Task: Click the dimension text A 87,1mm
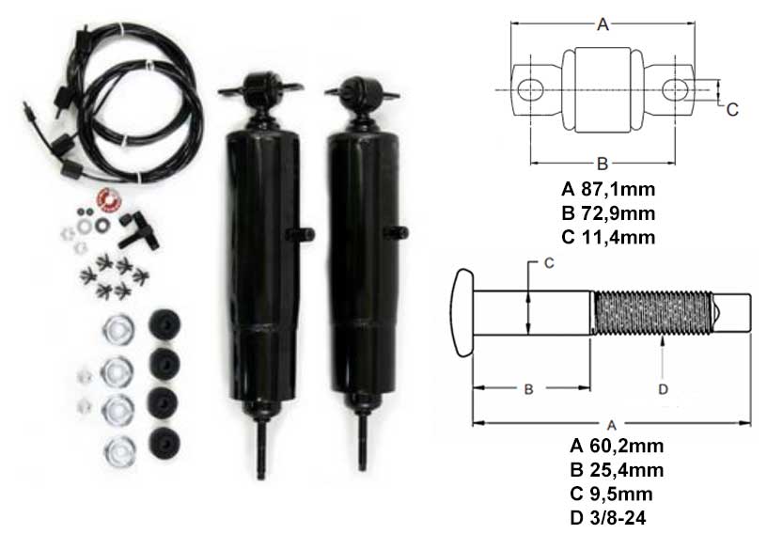pyautogui.click(x=608, y=189)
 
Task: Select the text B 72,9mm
pyautogui.click(x=608, y=212)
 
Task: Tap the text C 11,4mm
pyautogui.click(x=608, y=237)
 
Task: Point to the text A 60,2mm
pyautogui.click(x=617, y=446)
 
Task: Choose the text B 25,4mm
pyautogui.click(x=617, y=470)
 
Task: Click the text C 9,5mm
pyautogui.click(x=611, y=494)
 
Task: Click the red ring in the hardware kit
pyautogui.click(x=107, y=199)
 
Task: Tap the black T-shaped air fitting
pyautogui.click(x=138, y=229)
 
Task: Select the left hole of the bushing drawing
pyautogui.click(x=530, y=90)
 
